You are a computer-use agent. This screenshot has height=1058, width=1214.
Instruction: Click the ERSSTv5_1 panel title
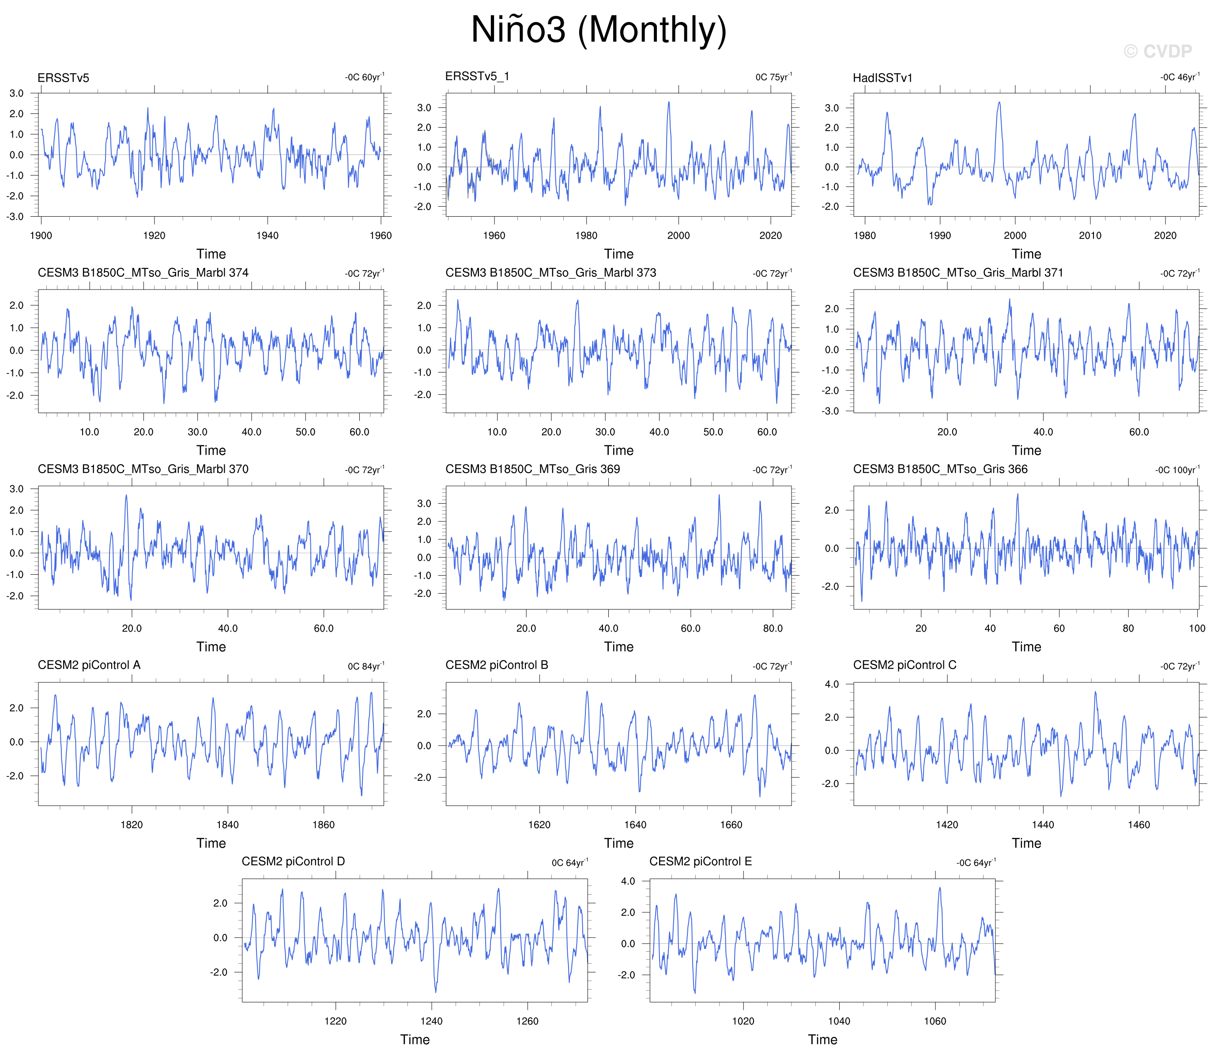tap(477, 76)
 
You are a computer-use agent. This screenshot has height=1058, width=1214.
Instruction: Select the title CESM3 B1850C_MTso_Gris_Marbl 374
tap(143, 273)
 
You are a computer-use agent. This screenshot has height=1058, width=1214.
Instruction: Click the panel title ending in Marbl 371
tap(958, 273)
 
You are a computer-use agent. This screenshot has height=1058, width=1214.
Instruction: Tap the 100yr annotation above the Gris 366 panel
tap(1177, 470)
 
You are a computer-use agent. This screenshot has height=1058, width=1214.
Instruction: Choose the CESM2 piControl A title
tap(89, 665)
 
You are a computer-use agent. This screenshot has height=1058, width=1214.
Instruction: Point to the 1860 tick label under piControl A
tap(324, 825)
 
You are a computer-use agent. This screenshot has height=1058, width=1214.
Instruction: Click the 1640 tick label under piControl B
tap(635, 825)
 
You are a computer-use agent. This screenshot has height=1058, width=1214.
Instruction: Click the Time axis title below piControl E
tap(822, 1040)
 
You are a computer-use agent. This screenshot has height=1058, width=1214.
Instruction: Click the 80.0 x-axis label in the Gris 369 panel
tap(773, 628)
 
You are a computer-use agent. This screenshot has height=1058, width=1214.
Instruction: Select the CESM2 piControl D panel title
tap(294, 862)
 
